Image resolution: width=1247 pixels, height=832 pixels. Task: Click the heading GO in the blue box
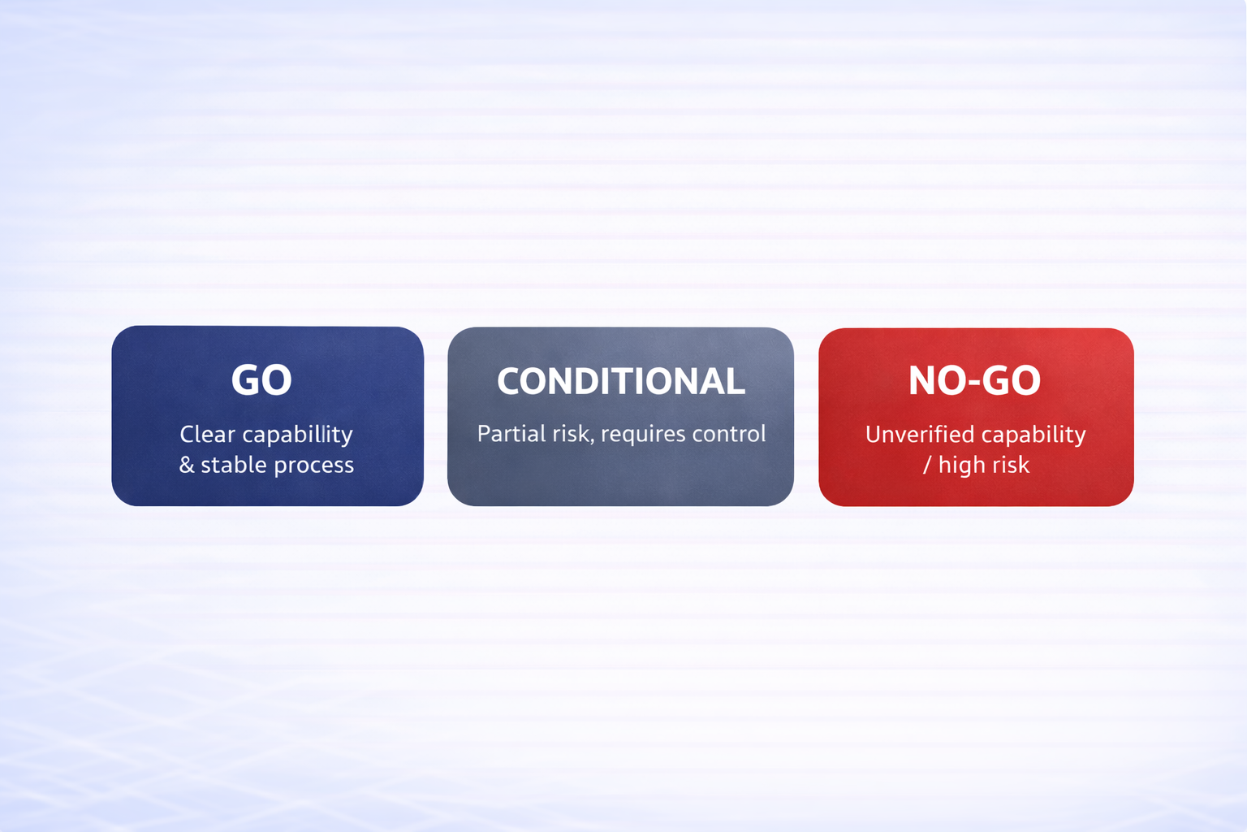[261, 379]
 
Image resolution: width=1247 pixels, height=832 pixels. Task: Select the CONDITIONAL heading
[620, 381]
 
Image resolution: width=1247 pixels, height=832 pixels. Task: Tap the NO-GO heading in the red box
[974, 380]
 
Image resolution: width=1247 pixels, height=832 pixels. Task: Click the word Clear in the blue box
[207, 434]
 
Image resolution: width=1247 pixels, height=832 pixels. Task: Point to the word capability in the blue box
[298, 435]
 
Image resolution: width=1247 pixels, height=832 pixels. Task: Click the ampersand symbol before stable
[187, 465]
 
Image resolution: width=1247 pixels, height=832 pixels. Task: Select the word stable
[234, 465]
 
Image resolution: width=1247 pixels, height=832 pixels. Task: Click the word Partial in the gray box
[511, 433]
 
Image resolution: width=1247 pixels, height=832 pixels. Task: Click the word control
[729, 433]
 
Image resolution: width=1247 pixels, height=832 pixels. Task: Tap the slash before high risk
[927, 465]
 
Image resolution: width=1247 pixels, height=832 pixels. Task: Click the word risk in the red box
[1012, 465]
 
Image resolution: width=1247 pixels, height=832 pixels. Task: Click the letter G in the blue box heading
[246, 379]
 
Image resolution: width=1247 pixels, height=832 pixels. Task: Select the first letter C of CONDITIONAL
[511, 381]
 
